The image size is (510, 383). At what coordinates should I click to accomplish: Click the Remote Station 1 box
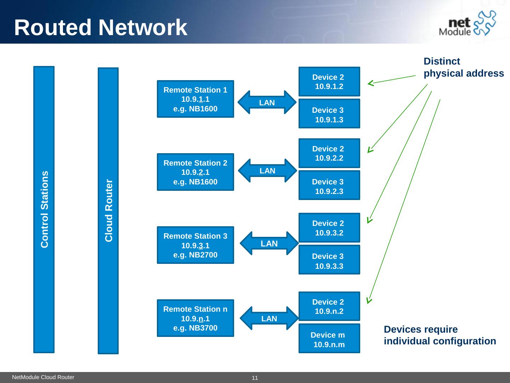pos(195,99)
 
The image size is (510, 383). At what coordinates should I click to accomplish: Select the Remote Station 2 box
pos(195,172)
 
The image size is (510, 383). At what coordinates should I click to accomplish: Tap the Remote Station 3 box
pos(195,245)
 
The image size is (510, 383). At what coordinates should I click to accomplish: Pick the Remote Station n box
pos(195,318)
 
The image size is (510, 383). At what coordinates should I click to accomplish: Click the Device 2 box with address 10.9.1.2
pos(329,82)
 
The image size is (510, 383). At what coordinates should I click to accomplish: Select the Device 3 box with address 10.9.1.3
pos(329,114)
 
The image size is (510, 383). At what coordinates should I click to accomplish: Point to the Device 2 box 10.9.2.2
pos(329,153)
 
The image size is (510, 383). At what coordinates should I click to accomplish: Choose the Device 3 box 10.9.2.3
pos(329,185)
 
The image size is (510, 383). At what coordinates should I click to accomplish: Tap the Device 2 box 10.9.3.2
pos(329,228)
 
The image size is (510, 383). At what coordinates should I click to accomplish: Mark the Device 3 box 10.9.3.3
pos(329,260)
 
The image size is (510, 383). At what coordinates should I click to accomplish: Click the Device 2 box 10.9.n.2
pos(329,306)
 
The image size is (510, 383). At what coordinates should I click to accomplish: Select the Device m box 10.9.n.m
pos(329,339)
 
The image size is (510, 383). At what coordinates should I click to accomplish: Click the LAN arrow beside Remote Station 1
pos(267,102)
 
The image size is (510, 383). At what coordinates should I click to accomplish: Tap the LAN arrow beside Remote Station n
pos(269,318)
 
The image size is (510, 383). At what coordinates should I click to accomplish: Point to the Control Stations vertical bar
pos(44,210)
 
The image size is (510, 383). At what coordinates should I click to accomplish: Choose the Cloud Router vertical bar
pos(108,211)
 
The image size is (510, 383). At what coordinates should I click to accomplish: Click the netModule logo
pos(467,23)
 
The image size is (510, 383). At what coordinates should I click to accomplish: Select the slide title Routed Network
pos(101,27)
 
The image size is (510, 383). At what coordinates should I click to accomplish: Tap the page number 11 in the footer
pos(255,378)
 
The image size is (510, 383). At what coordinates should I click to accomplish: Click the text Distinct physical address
pos(463,67)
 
